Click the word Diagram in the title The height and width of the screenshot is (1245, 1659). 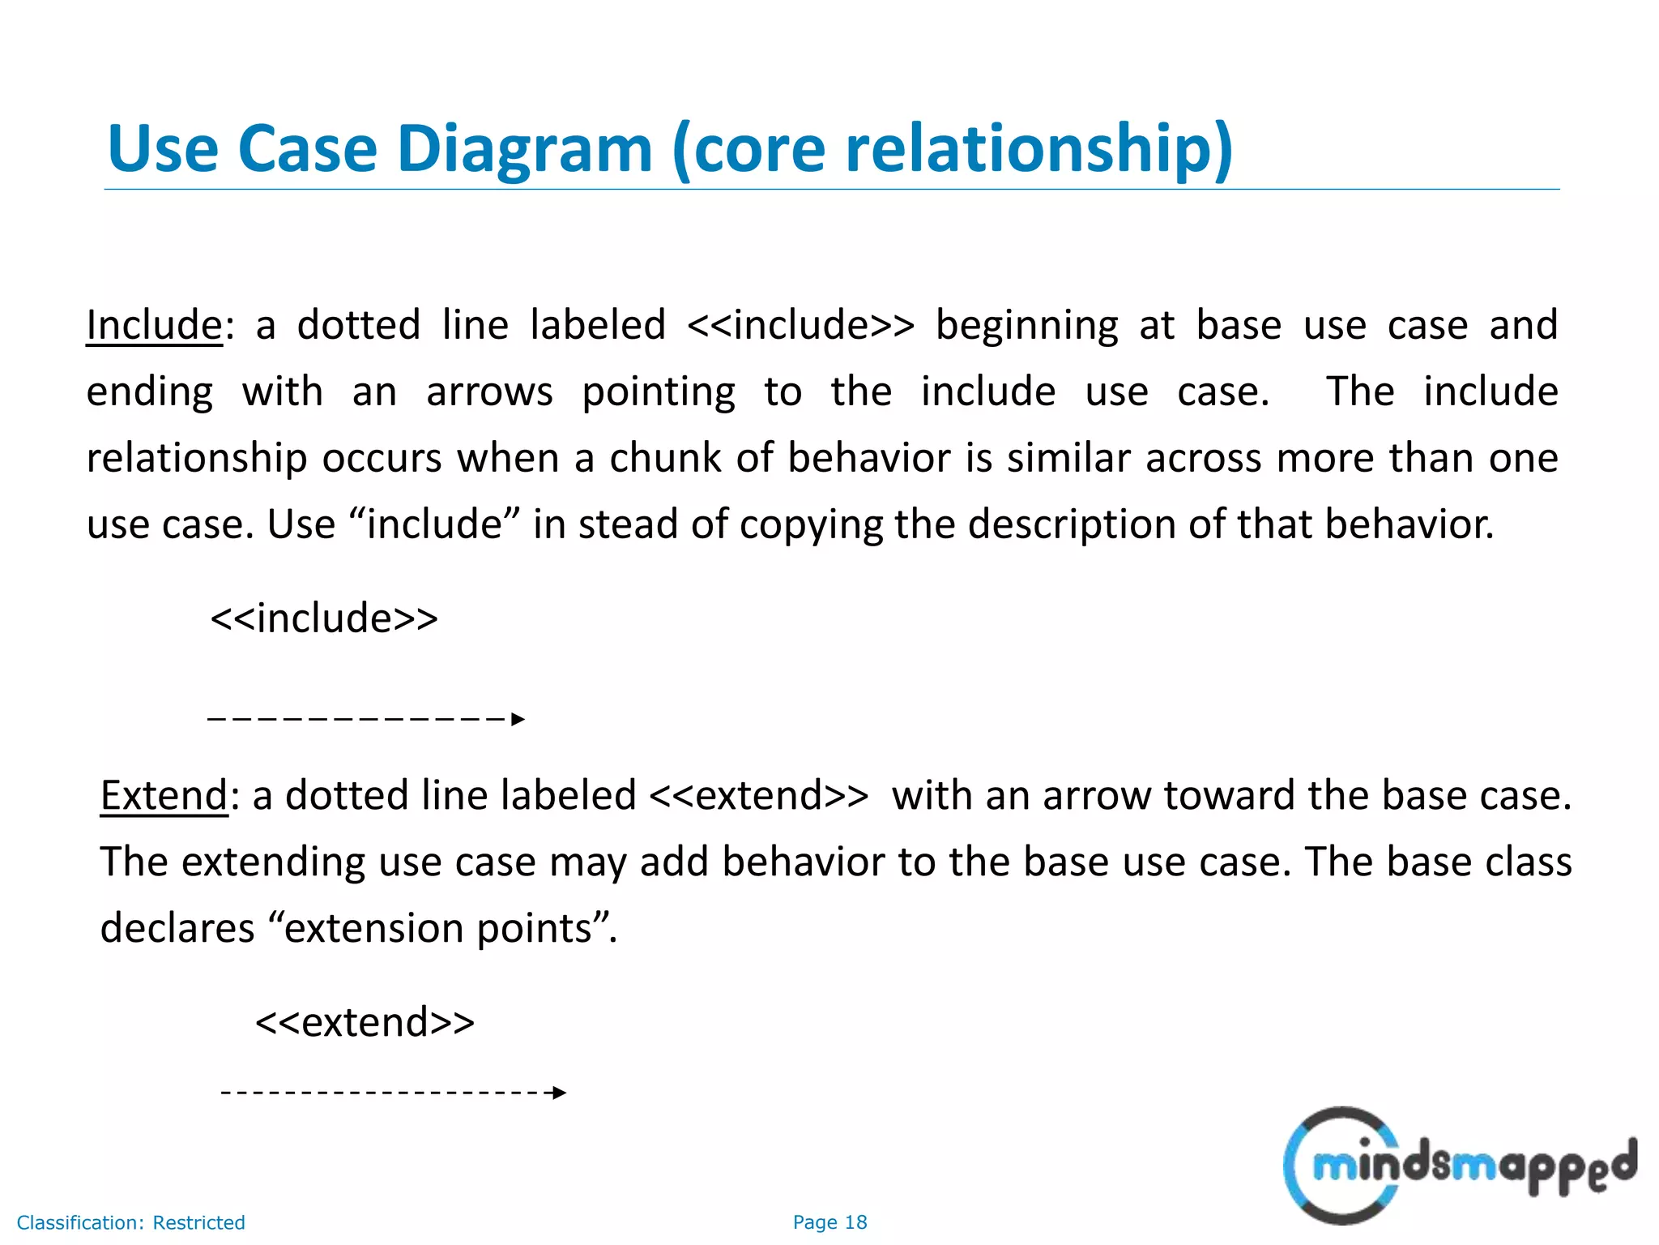524,149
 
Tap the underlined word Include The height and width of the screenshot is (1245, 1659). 154,326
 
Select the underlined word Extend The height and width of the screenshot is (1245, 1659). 164,796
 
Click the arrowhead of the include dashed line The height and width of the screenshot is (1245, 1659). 518,719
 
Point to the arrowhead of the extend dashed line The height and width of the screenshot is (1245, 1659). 559,1093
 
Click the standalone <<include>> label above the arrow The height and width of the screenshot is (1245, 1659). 324,618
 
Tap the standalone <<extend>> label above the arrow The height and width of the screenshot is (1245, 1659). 365,1022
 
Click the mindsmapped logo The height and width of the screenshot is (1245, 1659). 1458,1166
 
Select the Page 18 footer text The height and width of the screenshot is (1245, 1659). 829,1222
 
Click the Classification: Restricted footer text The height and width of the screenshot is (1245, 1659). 130,1222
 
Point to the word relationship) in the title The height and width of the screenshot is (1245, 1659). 1039,149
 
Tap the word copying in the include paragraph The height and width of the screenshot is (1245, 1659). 810,525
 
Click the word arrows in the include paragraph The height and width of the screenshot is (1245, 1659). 489,392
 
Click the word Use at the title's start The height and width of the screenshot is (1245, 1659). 162,149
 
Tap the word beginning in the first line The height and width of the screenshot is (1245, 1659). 1026,326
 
